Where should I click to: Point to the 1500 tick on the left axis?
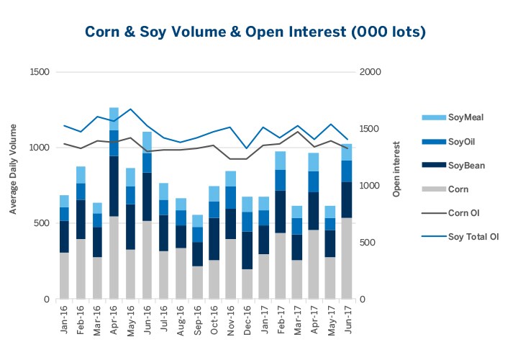coord(40,72)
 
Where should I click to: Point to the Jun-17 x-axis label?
coord(347,318)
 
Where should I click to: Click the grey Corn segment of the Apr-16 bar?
coord(114,257)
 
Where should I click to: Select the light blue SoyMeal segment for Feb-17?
coord(281,161)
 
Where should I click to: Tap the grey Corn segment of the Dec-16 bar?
coord(247,284)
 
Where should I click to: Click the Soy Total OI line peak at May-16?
coord(130,109)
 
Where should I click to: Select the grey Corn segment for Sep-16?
coord(197,282)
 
